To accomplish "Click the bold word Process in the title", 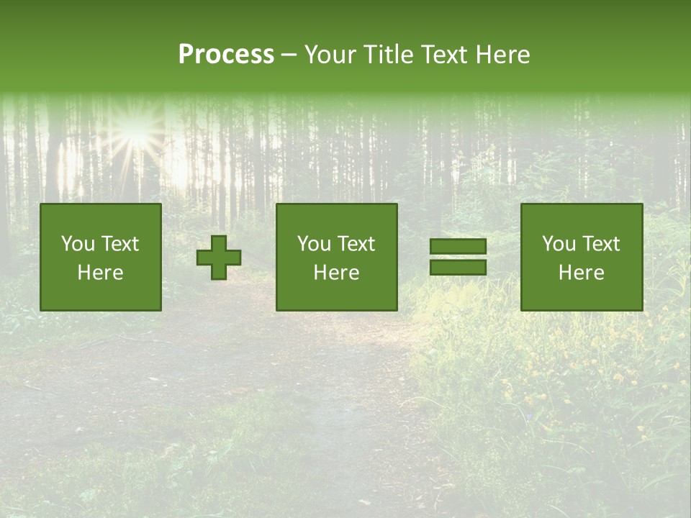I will [x=226, y=55].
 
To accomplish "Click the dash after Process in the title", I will [x=289, y=55].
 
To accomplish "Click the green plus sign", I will [x=219, y=258].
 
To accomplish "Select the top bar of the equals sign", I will [x=458, y=246].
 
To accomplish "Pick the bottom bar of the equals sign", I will [x=458, y=268].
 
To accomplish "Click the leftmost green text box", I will [x=100, y=257].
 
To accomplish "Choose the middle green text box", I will [x=336, y=257].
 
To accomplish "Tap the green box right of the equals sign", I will [x=581, y=257].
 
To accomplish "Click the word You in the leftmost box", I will [x=78, y=244].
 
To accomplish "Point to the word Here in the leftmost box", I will [x=100, y=273].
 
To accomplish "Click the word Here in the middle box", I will [x=336, y=273].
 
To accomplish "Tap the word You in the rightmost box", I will [x=559, y=244].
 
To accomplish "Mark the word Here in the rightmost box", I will [x=581, y=273].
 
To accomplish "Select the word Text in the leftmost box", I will [x=119, y=244].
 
